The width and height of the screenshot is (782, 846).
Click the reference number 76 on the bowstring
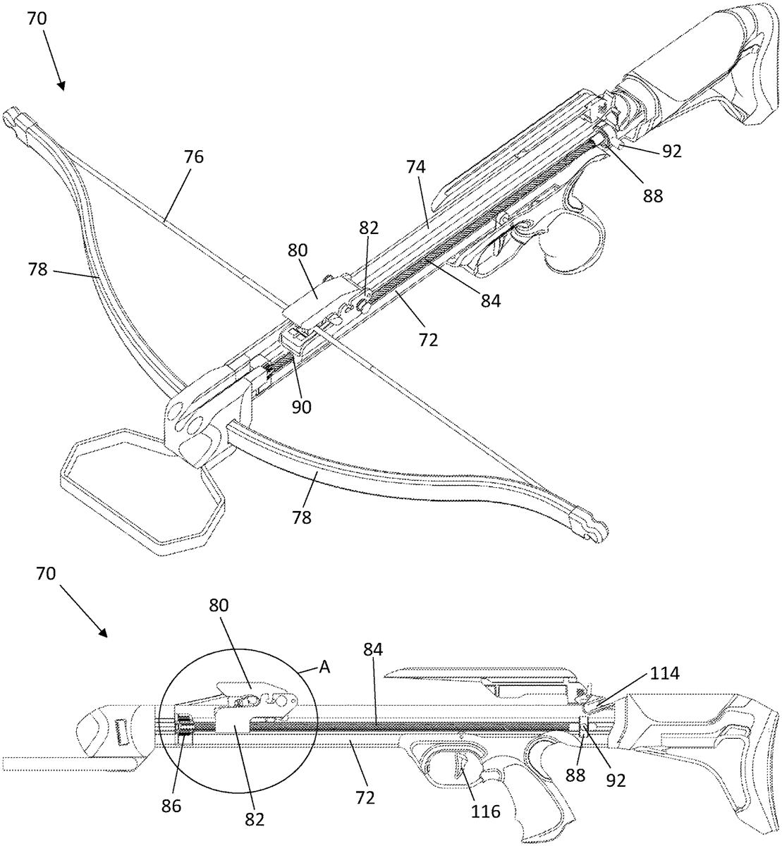click(194, 157)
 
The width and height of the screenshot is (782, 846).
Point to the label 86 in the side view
click(171, 807)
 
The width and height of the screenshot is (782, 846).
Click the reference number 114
click(664, 674)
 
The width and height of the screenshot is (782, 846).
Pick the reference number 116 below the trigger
click(486, 811)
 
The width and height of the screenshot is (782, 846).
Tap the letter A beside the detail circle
click(325, 670)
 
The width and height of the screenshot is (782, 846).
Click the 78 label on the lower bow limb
click(302, 517)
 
